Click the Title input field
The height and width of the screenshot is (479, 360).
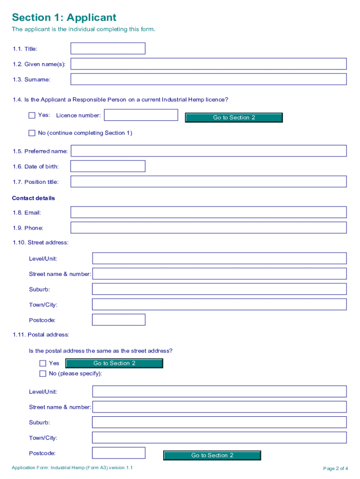click(x=108, y=49)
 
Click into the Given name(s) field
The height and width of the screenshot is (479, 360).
click(x=208, y=64)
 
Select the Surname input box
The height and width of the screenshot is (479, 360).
click(x=208, y=80)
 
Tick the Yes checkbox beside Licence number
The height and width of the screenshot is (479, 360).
click(x=32, y=115)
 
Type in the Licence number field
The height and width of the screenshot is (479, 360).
click(x=141, y=115)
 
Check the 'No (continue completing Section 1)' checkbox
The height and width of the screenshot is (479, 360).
click(x=32, y=133)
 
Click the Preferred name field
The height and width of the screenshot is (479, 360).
click(x=208, y=151)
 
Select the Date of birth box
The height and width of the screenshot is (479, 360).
click(x=108, y=167)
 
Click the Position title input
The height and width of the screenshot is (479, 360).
click(x=208, y=182)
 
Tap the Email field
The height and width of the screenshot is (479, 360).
click(x=208, y=212)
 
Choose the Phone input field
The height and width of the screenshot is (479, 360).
click(x=208, y=228)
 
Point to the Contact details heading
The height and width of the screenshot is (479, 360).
click(x=33, y=198)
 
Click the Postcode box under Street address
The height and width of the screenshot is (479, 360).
click(x=119, y=320)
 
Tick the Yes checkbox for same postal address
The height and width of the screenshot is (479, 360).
click(x=43, y=363)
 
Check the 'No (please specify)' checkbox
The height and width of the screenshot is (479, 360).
click(x=43, y=373)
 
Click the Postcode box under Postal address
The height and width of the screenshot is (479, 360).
click(x=119, y=453)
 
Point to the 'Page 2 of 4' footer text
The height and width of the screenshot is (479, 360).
click(x=335, y=469)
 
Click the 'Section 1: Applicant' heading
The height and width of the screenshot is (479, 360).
click(x=64, y=18)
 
